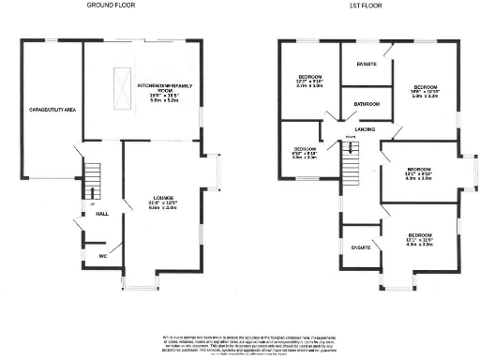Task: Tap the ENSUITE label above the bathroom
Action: (x=367, y=64)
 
